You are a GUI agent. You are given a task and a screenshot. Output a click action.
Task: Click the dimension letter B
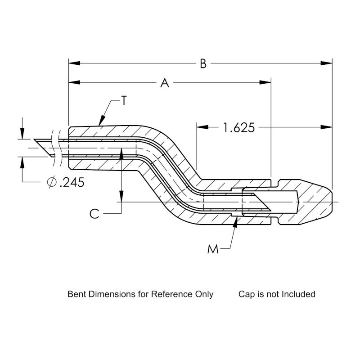click(203, 64)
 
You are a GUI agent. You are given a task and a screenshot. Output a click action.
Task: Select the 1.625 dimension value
click(239, 127)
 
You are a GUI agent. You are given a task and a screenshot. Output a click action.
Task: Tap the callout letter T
click(125, 101)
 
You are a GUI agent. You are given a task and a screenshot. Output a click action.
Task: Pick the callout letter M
click(213, 249)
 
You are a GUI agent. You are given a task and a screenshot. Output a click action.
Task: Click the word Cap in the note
click(246, 294)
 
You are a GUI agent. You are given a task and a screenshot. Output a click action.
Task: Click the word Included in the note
click(298, 294)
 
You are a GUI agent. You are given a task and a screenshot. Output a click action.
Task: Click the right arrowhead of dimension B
click(328, 63)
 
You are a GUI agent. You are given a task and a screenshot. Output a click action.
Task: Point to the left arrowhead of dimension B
click(72, 63)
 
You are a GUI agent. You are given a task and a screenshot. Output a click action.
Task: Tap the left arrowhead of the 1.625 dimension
click(201, 127)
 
